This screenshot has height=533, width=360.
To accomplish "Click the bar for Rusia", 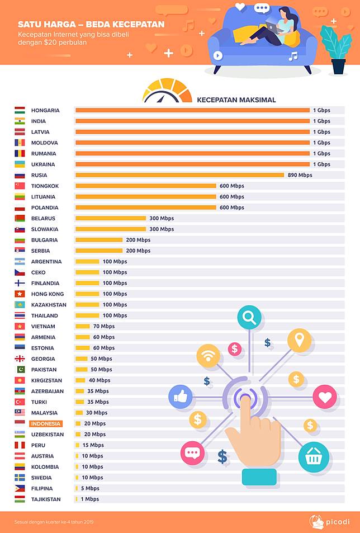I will (x=179, y=175).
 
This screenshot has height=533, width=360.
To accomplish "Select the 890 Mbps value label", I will (x=300, y=175).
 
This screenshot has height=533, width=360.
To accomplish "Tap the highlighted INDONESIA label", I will (x=46, y=423).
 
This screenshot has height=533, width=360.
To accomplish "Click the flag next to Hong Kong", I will (x=20, y=294).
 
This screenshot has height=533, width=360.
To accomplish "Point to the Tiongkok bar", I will (x=145, y=186).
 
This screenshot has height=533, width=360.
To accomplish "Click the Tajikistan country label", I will (x=46, y=499).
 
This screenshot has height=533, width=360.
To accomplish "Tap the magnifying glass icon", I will (x=249, y=318).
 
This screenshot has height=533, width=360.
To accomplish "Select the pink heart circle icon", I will (x=324, y=397).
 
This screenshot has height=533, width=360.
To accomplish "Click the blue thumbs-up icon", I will (x=180, y=398).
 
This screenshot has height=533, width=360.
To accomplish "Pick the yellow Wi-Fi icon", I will (x=208, y=356).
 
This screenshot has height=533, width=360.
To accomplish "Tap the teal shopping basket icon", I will (x=313, y=457).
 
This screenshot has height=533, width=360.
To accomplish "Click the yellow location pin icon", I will (x=299, y=340).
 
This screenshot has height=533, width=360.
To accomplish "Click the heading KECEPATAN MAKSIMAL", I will (x=236, y=100).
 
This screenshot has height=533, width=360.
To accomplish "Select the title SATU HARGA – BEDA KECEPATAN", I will (x=91, y=25).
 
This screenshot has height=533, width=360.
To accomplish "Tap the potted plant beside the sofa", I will (x=337, y=48).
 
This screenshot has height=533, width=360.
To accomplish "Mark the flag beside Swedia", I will (x=20, y=478).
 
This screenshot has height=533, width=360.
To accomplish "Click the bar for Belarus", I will (x=110, y=218).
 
